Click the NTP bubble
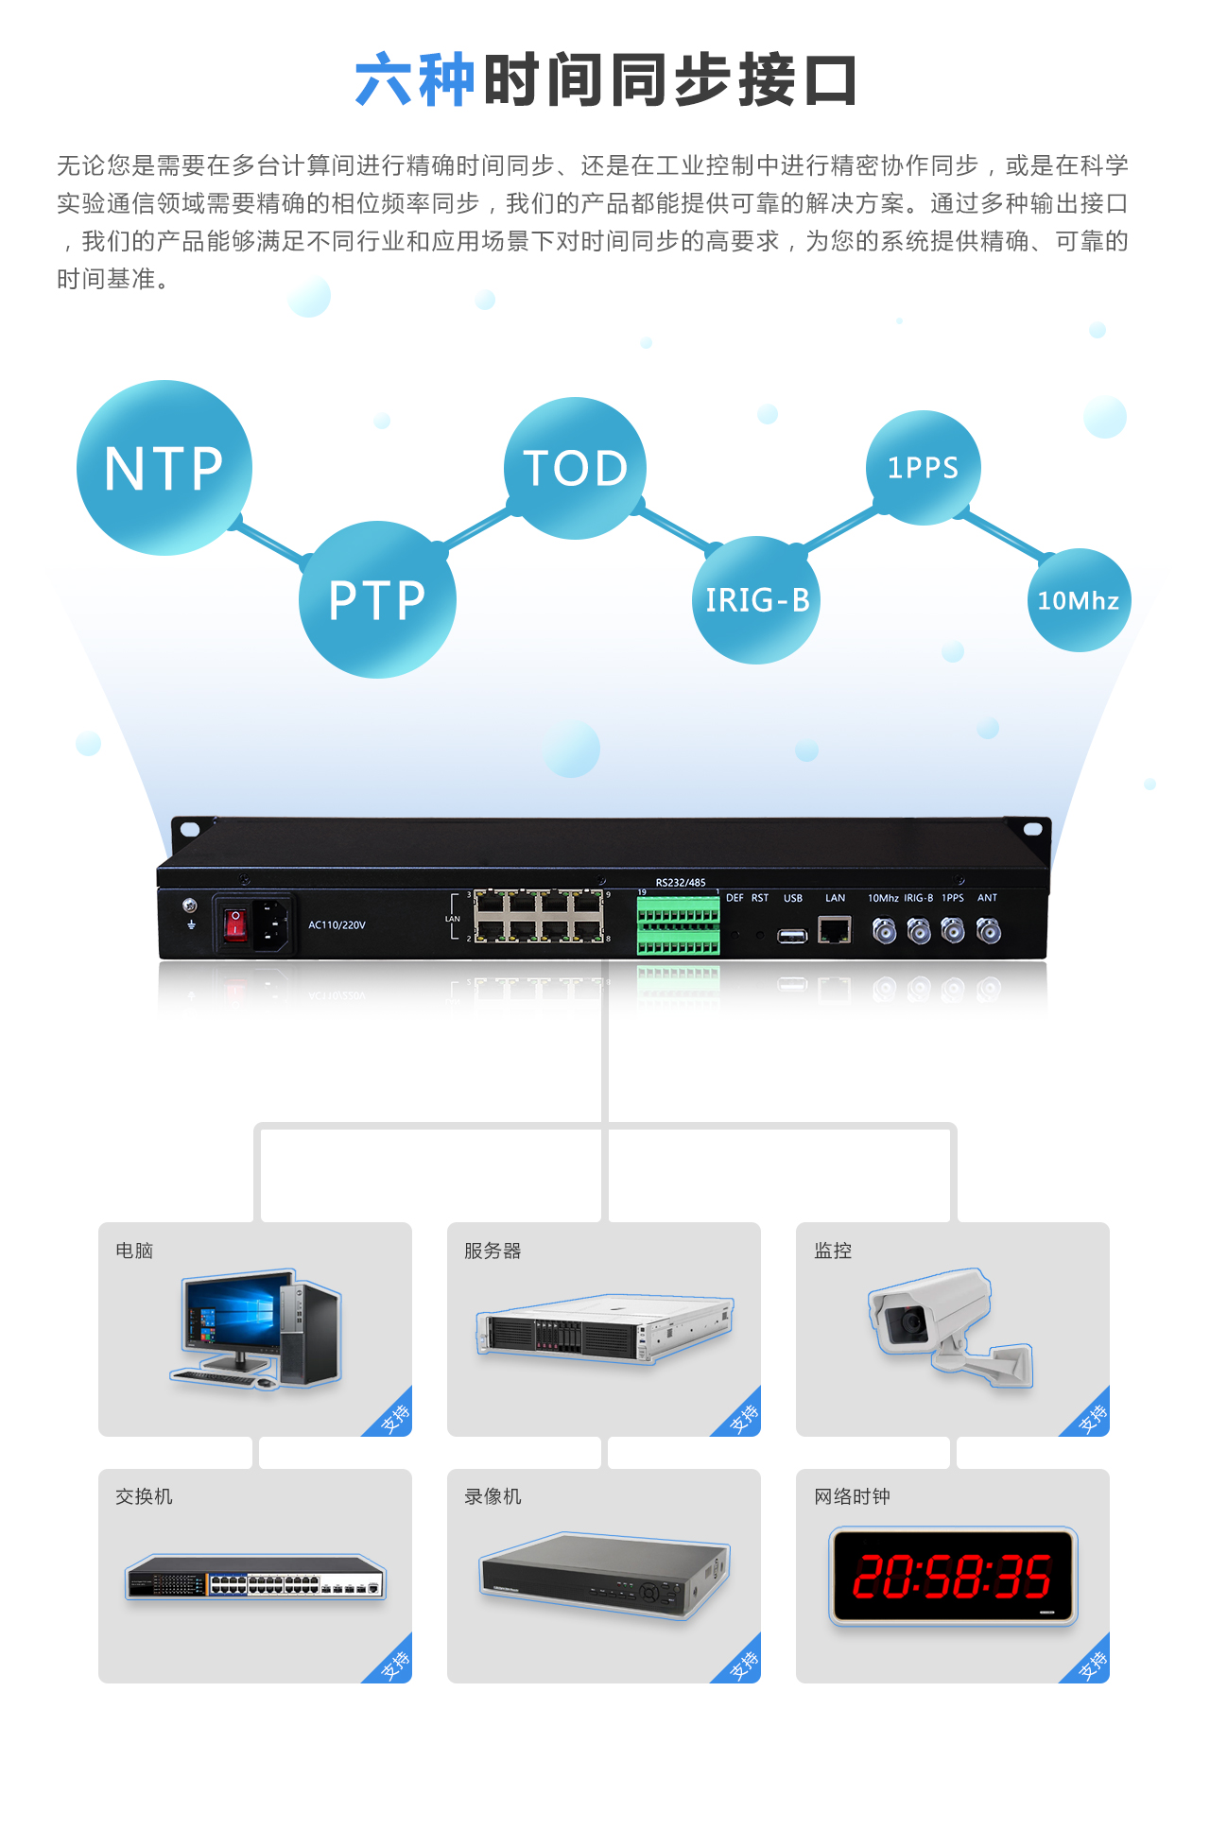pos(164,468)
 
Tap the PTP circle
pos(377,599)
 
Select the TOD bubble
pos(575,468)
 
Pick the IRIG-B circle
pos(757,600)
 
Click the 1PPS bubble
pos(923,468)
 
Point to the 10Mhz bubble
pos(1079,600)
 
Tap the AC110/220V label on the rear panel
pos(337,924)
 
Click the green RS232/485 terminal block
pos(678,926)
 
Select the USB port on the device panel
pos(792,936)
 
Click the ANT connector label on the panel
pos(987,898)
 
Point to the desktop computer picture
pos(256,1328)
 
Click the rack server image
pos(605,1328)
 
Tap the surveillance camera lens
pos(912,1321)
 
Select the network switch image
pos(255,1577)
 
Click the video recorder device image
pos(605,1574)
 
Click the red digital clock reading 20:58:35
pos(953,1576)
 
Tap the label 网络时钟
pos(852,1496)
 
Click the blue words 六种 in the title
pos(414,80)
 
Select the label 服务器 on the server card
pos(493,1251)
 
